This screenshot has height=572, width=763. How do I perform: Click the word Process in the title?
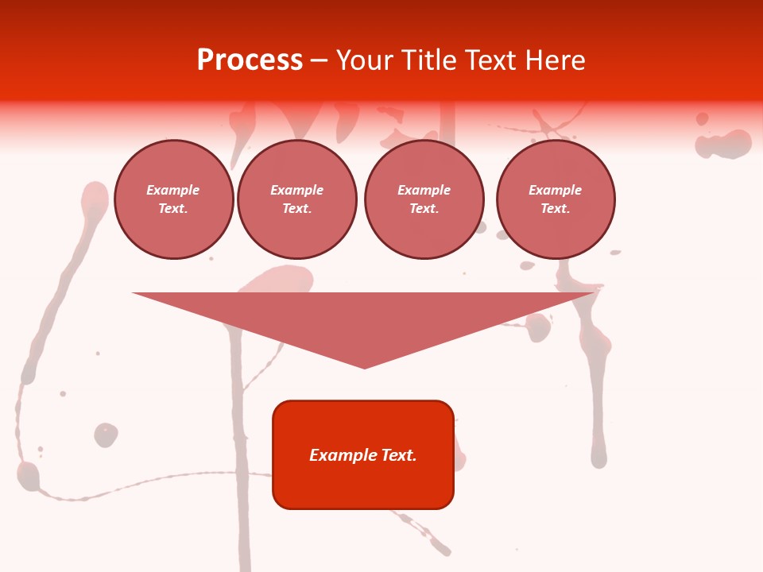click(x=250, y=60)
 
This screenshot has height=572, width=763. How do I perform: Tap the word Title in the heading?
click(x=428, y=60)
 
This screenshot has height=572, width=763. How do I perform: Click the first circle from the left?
click(x=173, y=199)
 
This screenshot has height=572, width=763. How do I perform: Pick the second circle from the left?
click(x=296, y=199)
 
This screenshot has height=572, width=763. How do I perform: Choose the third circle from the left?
click(x=424, y=199)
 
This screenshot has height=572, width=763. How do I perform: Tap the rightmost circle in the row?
click(x=556, y=199)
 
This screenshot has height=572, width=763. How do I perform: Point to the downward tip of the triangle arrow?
click(x=365, y=366)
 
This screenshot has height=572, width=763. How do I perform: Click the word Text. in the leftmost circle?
click(x=173, y=209)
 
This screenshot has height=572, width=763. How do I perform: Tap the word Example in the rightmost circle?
click(x=556, y=190)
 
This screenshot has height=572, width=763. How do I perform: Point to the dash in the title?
click(x=319, y=61)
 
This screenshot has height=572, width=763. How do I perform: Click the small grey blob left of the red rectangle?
click(x=106, y=435)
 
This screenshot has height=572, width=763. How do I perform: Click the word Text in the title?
click(x=490, y=60)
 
